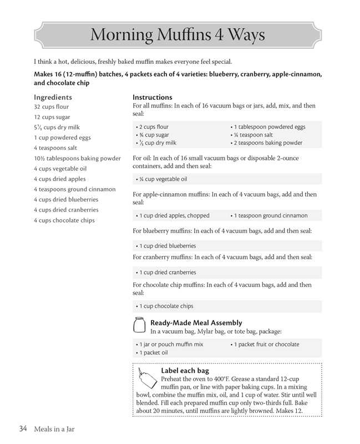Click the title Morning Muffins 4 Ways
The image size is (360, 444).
pyautogui.click(x=178, y=35)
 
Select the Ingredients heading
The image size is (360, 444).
pyautogui.click(x=53, y=97)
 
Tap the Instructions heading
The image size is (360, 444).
pyautogui.click(x=153, y=97)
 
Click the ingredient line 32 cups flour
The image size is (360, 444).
pyautogui.click(x=52, y=107)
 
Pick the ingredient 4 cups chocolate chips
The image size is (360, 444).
pyautogui.click(x=64, y=220)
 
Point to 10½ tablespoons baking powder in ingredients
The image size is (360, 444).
pyautogui.click(x=77, y=158)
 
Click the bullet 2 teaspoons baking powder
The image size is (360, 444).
pyautogui.click(x=268, y=143)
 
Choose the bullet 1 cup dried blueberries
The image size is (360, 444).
pyautogui.click(x=167, y=246)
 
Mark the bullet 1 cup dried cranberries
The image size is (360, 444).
pyautogui.click(x=167, y=273)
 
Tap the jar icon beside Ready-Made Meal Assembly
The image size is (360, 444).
pyautogui.click(x=141, y=325)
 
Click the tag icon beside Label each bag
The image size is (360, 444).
pyautogui.click(x=146, y=378)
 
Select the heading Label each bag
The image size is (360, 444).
pyautogui.click(x=185, y=370)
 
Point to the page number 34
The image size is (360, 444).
pyautogui.click(x=23, y=428)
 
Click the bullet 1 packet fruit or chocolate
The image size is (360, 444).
pyautogui.click(x=266, y=345)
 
